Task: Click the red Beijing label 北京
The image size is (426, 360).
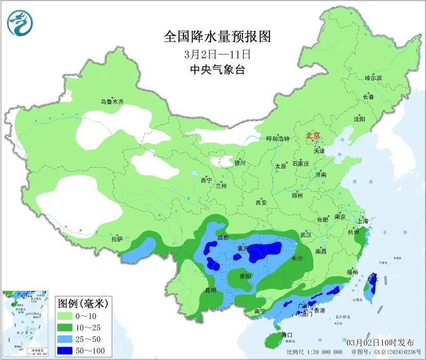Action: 313,136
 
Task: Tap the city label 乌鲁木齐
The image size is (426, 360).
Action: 112,102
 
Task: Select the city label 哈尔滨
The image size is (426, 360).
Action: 373,78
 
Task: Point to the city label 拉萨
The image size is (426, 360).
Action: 117,239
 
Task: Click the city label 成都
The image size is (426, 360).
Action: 223,237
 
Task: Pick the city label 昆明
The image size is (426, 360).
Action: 211,290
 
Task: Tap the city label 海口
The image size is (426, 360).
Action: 287,335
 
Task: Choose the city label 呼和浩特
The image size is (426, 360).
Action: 278,139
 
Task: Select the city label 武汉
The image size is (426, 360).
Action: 306,235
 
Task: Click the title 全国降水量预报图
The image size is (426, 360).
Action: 217,36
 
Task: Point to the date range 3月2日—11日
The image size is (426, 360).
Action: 217,54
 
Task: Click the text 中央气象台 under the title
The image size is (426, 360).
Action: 217,70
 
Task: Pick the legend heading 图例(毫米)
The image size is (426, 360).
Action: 83,303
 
